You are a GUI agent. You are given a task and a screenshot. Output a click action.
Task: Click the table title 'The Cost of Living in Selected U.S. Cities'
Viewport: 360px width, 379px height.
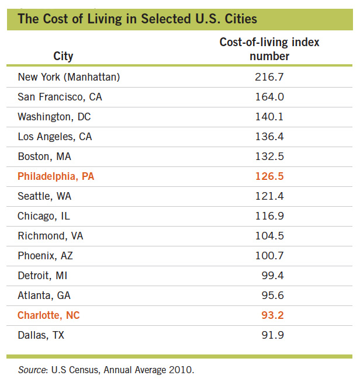pos(137,19)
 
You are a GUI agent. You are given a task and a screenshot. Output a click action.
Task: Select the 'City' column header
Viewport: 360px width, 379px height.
pos(63,56)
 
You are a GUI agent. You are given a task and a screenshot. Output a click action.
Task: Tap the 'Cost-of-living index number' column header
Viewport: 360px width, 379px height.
pos(269,50)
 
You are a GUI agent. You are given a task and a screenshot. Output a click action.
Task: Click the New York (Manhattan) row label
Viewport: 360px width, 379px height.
pos(69,77)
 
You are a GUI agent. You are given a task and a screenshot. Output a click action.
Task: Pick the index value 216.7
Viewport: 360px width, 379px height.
pos(269,77)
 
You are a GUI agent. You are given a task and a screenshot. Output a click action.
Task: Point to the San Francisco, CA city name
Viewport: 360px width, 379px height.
pos(60,97)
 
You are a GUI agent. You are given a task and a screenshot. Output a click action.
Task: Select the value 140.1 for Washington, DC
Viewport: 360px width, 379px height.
pos(269,117)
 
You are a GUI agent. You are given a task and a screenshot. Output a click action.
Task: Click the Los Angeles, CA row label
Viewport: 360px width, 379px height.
pos(55,137)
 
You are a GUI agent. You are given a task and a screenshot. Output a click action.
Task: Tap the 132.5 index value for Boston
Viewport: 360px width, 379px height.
pos(269,157)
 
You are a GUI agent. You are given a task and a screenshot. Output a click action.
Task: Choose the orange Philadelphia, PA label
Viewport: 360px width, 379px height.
pos(56,176)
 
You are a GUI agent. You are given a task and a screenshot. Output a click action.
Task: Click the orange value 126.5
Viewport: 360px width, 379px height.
pos(269,176)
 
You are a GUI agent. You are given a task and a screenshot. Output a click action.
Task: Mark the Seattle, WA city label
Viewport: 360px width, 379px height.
pos(44,196)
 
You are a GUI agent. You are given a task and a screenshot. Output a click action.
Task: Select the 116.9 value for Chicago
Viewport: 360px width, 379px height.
pos(269,216)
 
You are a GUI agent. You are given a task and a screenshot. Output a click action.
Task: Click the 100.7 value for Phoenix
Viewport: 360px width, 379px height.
pos(269,256)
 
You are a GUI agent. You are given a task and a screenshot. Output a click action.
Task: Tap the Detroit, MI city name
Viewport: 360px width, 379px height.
pos(43,276)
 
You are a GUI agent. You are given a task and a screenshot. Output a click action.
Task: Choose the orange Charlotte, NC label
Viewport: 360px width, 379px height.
pos(49,315)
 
